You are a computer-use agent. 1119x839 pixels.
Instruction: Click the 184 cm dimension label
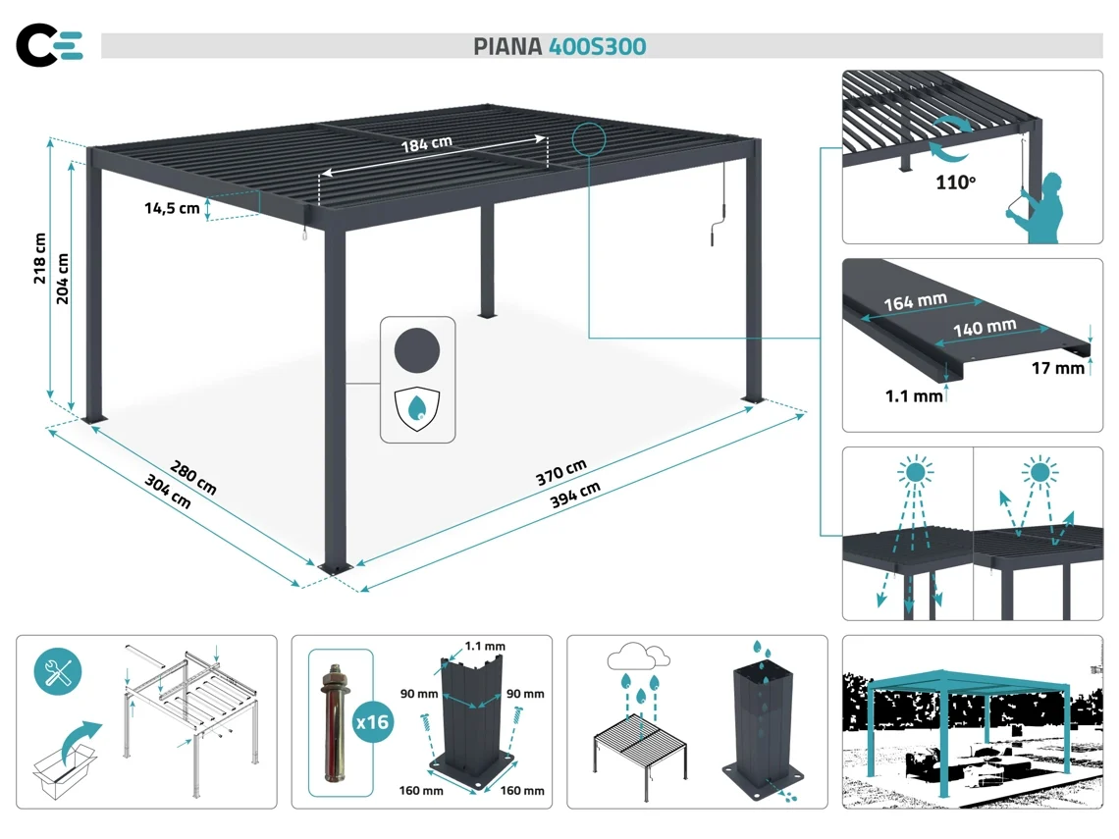[x=426, y=143]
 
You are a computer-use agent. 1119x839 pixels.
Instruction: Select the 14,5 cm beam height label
[x=172, y=207]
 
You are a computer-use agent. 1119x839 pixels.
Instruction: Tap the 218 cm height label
[x=40, y=258]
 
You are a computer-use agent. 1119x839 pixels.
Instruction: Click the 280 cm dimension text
[x=193, y=475]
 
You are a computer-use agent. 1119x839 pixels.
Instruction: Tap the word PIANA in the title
[x=507, y=47]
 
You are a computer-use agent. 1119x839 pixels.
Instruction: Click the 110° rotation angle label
[x=955, y=183]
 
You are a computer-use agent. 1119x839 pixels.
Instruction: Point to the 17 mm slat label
[x=1058, y=369]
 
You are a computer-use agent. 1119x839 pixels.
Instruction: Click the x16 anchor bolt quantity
[x=371, y=722]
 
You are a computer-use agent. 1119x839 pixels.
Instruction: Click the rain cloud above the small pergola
[x=638, y=656]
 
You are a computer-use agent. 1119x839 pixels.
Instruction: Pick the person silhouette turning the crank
[x=1041, y=207]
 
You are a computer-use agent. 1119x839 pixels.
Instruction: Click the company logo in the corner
[x=49, y=45]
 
